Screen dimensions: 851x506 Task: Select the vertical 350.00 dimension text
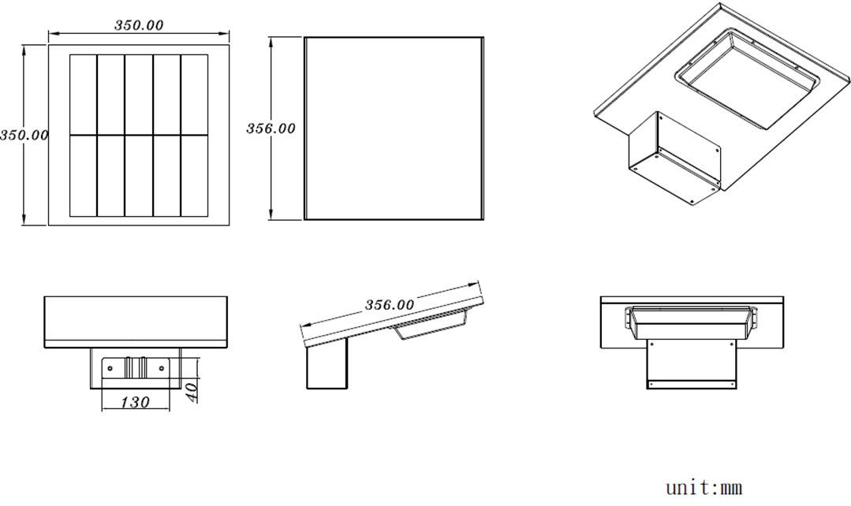[x=24, y=135]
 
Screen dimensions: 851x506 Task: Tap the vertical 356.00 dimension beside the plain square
[x=271, y=128]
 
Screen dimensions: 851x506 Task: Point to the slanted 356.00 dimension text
[x=389, y=305]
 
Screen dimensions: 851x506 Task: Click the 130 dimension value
[x=134, y=403]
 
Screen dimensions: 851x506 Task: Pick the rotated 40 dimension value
[x=191, y=393]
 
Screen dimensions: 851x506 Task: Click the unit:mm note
[x=704, y=487]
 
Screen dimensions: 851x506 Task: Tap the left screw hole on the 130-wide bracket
[x=110, y=369]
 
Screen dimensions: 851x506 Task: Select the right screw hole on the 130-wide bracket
[x=161, y=369]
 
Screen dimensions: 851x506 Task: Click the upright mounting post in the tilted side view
[x=327, y=363]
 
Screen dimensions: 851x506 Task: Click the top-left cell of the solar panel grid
[x=84, y=95]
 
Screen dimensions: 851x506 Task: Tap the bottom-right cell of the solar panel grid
[x=194, y=176]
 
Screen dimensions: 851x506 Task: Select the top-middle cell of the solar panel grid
[x=139, y=95]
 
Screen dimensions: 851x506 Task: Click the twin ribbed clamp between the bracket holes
[x=136, y=367]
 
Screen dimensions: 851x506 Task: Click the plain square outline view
[x=394, y=128]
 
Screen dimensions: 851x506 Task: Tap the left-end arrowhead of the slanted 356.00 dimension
[x=305, y=325]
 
